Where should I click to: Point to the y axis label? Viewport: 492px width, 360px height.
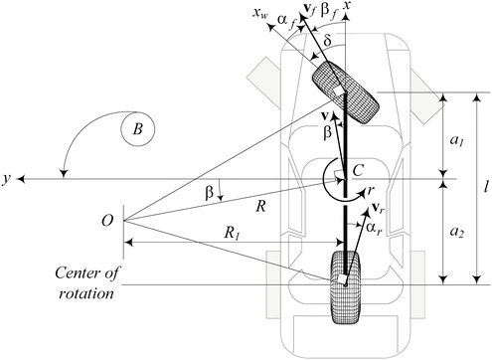7,179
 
